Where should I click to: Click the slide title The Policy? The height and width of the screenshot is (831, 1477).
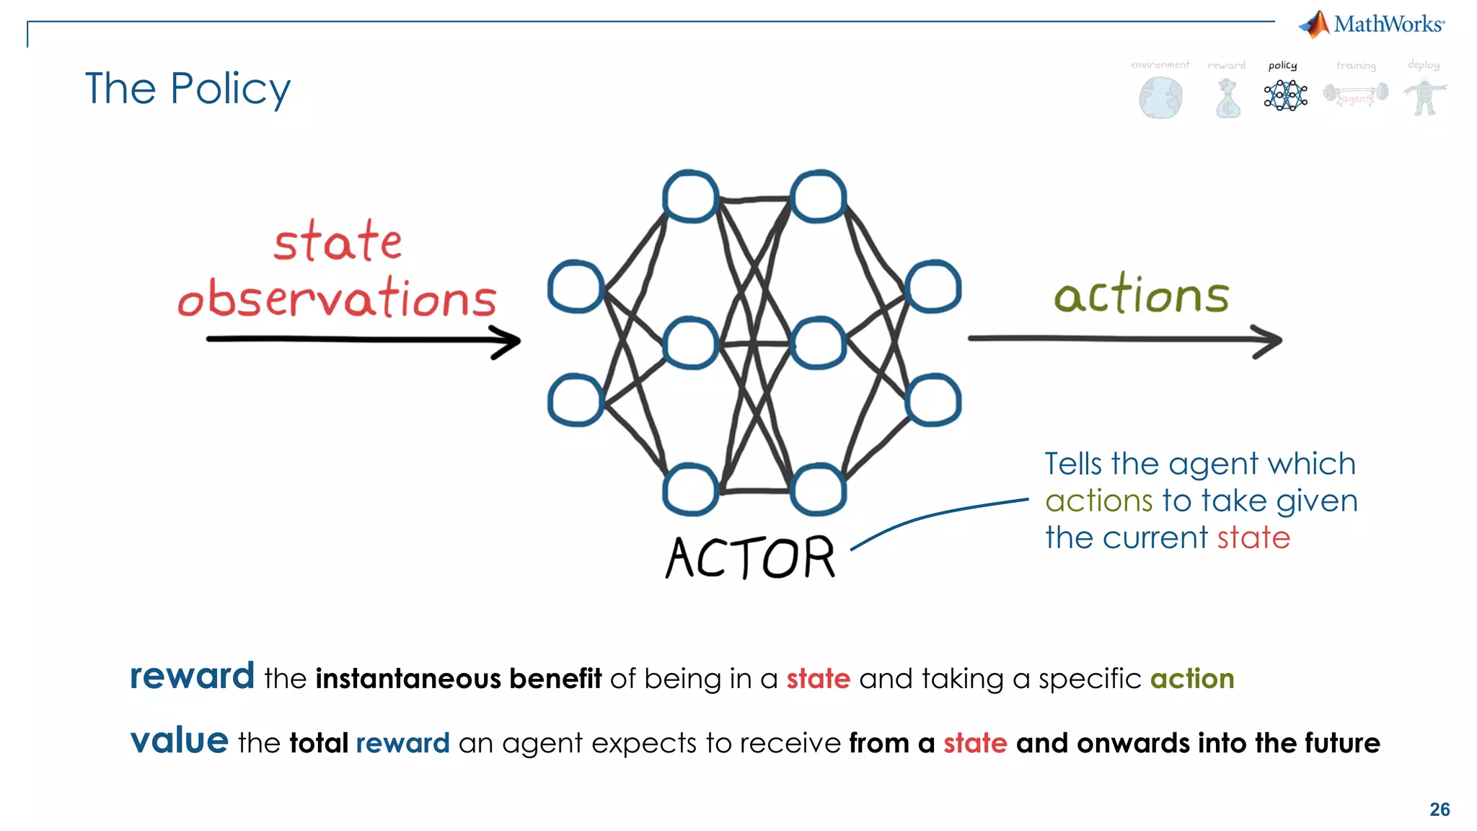coord(188,89)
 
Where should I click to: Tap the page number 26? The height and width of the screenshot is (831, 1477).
coord(1439,809)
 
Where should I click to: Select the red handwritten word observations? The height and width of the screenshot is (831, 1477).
coord(338,299)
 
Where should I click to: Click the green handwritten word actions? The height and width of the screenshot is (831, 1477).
coord(1142,296)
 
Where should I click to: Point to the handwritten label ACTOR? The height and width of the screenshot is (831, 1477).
coord(750,558)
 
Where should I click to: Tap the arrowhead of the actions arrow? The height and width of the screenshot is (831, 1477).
coord(1271,341)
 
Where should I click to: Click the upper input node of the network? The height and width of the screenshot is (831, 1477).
coord(576,287)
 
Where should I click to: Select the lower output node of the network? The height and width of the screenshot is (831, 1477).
coord(933,400)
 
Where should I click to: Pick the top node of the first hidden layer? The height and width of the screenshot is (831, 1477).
coord(690,196)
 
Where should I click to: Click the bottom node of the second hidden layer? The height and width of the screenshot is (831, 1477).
coord(818,490)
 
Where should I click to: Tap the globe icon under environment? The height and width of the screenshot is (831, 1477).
coord(1160,98)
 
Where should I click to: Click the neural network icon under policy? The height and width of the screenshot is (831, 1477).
coord(1285,95)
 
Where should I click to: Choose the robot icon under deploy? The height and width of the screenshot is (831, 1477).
coord(1424,97)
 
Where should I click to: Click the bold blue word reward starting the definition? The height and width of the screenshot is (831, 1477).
coord(192,677)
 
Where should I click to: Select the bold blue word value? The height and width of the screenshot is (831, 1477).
coord(180,741)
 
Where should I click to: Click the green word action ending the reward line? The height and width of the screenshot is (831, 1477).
coord(1192,679)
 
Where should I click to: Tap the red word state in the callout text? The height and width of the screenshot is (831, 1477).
coord(1253,538)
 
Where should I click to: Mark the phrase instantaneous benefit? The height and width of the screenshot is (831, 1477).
coord(459,679)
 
